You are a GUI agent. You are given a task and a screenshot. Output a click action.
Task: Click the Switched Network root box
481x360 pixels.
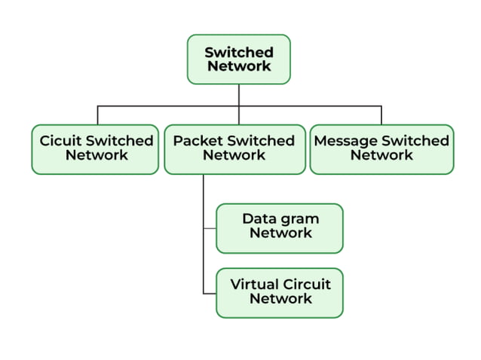[239, 59]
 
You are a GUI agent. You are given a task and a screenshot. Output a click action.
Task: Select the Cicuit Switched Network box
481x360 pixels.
[96, 148]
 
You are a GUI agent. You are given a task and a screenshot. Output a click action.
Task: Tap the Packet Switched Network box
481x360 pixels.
[234, 148]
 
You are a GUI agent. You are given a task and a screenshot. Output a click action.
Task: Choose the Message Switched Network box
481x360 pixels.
[381, 148]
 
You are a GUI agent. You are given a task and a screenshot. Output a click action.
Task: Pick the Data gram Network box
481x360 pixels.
[280, 227]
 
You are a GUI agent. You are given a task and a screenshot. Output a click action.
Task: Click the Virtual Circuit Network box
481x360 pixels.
[280, 292]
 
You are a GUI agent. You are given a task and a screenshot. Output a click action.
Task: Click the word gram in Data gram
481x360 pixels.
[300, 219]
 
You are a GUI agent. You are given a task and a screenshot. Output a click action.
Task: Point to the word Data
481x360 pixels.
[259, 219]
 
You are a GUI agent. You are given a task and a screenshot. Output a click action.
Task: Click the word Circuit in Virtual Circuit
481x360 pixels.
[306, 285]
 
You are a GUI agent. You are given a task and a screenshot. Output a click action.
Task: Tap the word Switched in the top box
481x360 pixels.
[239, 53]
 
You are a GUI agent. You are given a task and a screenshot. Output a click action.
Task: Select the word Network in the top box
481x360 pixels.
[239, 66]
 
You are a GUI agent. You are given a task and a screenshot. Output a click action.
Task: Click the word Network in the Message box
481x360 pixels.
[381, 155]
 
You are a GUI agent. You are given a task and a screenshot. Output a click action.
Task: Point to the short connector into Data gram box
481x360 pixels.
[210, 227]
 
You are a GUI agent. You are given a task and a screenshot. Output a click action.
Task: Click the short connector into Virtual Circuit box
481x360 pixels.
[210, 292]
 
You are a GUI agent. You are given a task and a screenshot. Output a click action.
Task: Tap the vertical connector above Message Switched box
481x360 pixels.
[381, 115]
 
